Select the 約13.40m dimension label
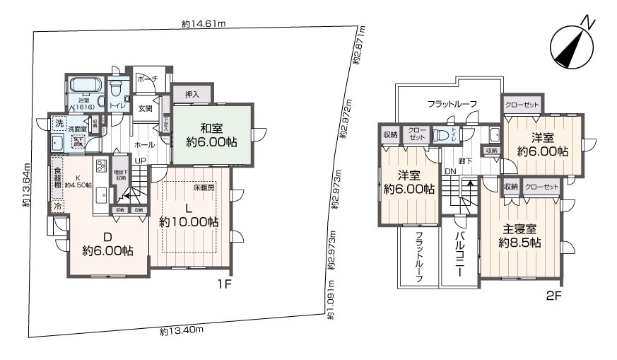click(x=182, y=330)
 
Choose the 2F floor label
click(x=553, y=296)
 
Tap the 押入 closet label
click(x=192, y=94)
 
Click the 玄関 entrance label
click(x=145, y=108)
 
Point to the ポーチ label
click(x=147, y=79)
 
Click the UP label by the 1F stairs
click(x=141, y=161)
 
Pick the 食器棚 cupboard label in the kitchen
click(x=57, y=182)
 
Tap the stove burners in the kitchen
click(x=100, y=166)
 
